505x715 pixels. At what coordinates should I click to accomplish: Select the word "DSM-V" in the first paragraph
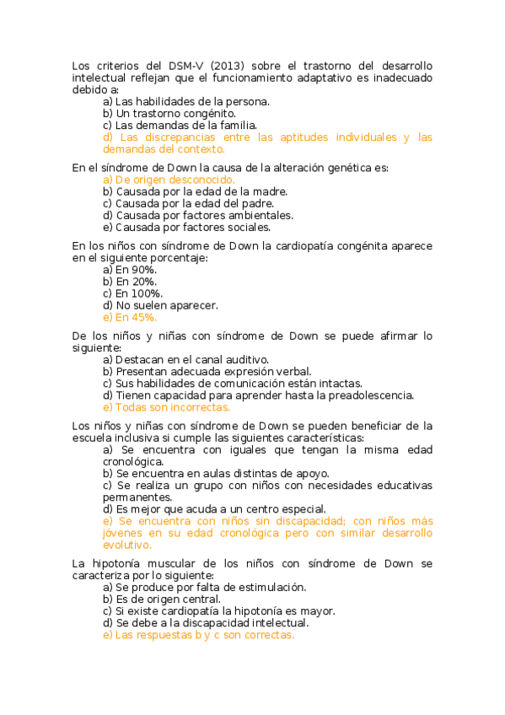click(180, 65)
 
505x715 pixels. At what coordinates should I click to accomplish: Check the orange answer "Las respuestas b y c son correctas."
click(198, 635)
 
